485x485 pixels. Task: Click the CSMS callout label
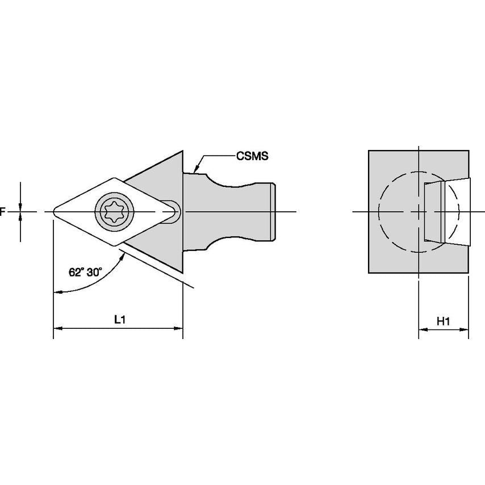pyautogui.click(x=252, y=156)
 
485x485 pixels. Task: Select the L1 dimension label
pyautogui.click(x=120, y=319)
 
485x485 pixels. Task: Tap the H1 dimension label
pyautogui.click(x=443, y=321)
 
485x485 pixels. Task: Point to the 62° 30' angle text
pyautogui.click(x=85, y=272)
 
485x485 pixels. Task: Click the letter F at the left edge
pyautogui.click(x=2, y=212)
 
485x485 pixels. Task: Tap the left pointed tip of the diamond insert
pyautogui.click(x=54, y=212)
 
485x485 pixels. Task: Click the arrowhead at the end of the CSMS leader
pyautogui.click(x=195, y=169)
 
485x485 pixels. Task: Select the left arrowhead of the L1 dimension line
pyautogui.click(x=58, y=328)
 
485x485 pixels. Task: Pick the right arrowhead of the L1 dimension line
pyautogui.click(x=178, y=328)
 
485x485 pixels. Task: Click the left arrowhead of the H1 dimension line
pyautogui.click(x=423, y=330)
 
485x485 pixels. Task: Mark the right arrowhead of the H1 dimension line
pyautogui.click(x=464, y=330)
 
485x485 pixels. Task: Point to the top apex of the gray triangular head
pyautogui.click(x=182, y=152)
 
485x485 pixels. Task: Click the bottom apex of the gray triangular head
pyautogui.click(x=182, y=272)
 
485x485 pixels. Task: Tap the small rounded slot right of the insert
pyautogui.click(x=172, y=212)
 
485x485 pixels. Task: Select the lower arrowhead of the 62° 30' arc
pyautogui.click(x=57, y=292)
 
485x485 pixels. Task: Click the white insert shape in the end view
pyautogui.click(x=448, y=212)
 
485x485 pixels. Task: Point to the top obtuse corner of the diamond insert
pyautogui.click(x=115, y=178)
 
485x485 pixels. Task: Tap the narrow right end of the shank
pyautogui.click(x=273, y=212)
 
